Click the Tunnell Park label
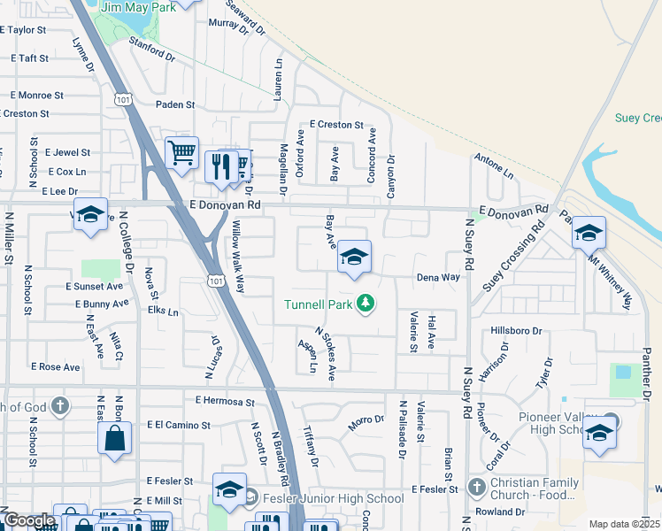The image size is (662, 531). tap(319, 305)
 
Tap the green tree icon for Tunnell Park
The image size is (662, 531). tap(366, 305)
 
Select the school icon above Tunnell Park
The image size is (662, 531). tap(355, 258)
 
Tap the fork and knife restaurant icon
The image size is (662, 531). tap(220, 165)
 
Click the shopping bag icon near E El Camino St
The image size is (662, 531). tap(114, 438)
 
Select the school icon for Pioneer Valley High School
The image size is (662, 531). tap(599, 432)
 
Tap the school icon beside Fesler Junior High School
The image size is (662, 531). tap(229, 489)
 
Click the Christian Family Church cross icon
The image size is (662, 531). tap(476, 489)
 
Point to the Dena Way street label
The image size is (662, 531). tap(439, 277)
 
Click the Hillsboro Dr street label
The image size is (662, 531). tap(516, 330)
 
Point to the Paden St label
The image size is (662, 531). tap(175, 104)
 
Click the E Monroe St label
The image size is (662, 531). tap(36, 95)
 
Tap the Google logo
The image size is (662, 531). tap(28, 520)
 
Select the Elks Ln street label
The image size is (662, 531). tap(163, 312)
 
